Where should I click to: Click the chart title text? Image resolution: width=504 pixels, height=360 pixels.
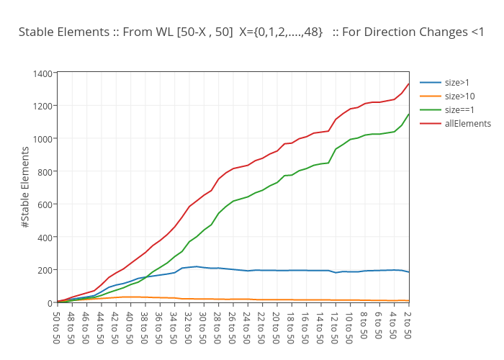[251, 32]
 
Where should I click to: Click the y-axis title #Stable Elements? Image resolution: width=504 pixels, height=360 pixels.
[25, 187]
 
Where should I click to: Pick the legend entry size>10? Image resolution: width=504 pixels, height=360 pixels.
[460, 96]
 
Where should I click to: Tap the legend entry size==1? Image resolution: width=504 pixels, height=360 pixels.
[459, 110]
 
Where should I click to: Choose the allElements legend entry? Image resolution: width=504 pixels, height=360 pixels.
[467, 124]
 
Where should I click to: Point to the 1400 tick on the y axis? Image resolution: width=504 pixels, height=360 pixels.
[42, 73]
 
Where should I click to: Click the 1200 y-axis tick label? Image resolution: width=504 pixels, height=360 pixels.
[42, 106]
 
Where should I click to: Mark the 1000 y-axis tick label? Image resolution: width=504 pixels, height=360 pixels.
[42, 139]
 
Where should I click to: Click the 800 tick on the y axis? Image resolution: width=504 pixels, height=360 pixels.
[45, 171]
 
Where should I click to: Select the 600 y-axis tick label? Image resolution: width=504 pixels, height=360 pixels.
[45, 204]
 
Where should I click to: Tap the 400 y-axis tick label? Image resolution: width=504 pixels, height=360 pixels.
[45, 237]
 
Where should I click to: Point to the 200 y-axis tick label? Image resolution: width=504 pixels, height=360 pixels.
[45, 270]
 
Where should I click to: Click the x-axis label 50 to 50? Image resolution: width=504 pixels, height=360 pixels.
[57, 325]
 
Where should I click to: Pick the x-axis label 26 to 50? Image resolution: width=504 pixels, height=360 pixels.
[233, 325]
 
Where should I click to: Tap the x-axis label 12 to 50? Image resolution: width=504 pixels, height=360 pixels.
[335, 325]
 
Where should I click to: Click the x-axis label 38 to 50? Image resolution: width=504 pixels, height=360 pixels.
[145, 325]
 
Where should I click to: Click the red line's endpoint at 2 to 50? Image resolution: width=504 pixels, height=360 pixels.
[408, 84]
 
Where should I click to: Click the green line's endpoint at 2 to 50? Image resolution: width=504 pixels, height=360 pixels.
[408, 114]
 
